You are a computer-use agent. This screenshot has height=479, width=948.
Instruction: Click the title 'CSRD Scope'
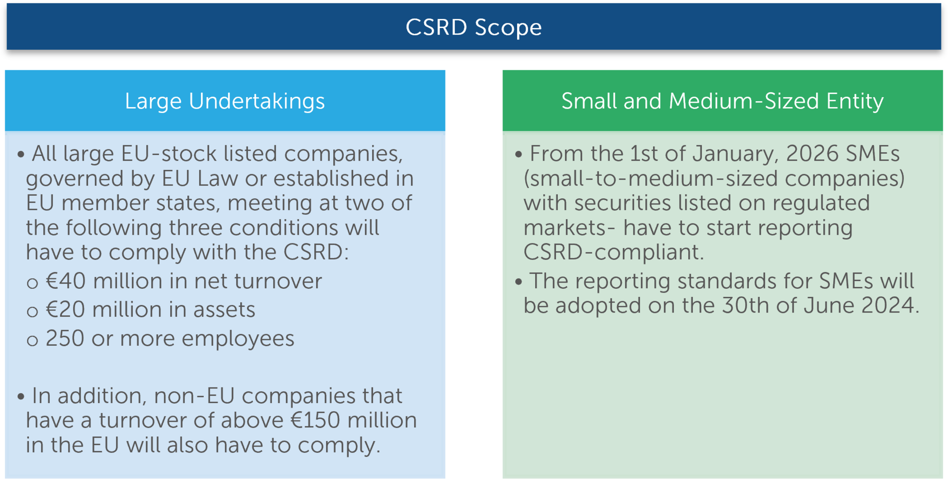click(474, 27)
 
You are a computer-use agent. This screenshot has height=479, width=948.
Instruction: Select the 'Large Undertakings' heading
click(225, 101)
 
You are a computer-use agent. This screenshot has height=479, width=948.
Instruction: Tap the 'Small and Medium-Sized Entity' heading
click(722, 101)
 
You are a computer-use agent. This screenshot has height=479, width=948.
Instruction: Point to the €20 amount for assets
click(65, 310)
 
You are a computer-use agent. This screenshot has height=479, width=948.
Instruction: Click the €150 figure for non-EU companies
click(315, 420)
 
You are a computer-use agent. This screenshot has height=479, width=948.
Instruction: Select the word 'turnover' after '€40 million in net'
click(278, 281)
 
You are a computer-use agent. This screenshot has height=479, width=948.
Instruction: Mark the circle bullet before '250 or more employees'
click(32, 341)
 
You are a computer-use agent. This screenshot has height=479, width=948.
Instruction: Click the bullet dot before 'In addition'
click(20, 396)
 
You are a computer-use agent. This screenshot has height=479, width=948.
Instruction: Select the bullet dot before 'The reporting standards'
click(518, 282)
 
